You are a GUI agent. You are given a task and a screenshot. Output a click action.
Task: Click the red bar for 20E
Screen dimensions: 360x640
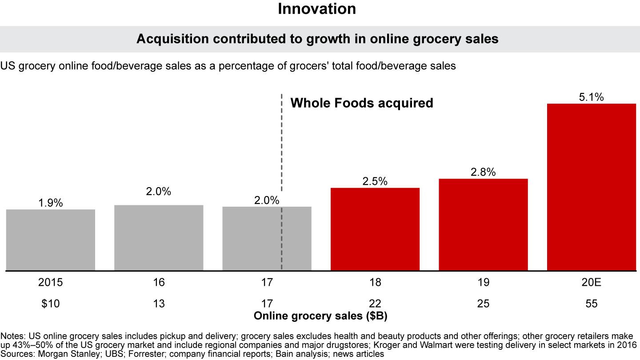click(x=591, y=187)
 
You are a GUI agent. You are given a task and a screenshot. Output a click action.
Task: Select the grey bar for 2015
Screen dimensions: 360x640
click(x=51, y=240)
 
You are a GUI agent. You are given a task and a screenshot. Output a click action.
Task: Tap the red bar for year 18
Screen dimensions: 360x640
click(x=375, y=229)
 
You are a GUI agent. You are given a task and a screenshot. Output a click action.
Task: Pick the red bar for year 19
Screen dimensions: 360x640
click(x=483, y=224)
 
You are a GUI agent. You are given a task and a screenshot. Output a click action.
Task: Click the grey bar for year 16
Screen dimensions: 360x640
click(x=159, y=237)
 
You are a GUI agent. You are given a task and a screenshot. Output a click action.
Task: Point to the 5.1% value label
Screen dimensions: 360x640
click(x=591, y=97)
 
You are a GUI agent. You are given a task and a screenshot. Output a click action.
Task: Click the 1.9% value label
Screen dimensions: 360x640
click(x=51, y=203)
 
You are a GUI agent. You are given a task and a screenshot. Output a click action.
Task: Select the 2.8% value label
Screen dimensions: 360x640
click(x=483, y=172)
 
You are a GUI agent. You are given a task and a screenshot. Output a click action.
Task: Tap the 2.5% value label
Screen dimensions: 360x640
click(x=375, y=181)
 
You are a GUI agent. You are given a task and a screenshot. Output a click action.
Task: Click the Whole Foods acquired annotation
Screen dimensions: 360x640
click(x=361, y=104)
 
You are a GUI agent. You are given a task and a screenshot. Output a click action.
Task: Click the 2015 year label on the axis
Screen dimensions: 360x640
click(x=51, y=283)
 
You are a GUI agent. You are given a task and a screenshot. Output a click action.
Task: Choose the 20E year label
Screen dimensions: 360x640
click(x=591, y=283)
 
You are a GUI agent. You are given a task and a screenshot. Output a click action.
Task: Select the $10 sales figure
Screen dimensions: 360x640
click(x=51, y=304)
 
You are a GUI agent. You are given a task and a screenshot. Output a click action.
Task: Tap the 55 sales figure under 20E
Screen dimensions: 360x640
click(x=591, y=304)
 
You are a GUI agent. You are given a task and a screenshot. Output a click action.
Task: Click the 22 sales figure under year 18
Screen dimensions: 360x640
click(x=375, y=304)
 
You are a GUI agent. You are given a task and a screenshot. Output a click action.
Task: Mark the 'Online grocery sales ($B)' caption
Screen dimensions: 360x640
click(x=323, y=316)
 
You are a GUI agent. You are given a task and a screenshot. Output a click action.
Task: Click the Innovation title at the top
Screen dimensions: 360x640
click(x=317, y=9)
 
